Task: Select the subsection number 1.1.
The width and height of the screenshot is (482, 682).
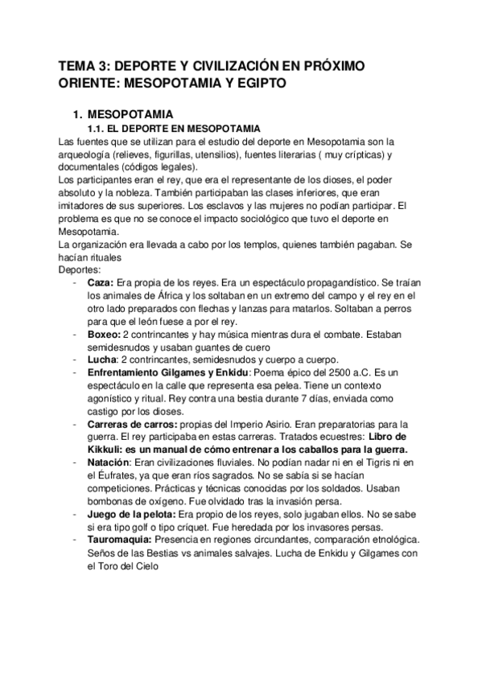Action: point(96,129)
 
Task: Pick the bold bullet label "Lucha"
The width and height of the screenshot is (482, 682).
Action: point(102,359)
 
